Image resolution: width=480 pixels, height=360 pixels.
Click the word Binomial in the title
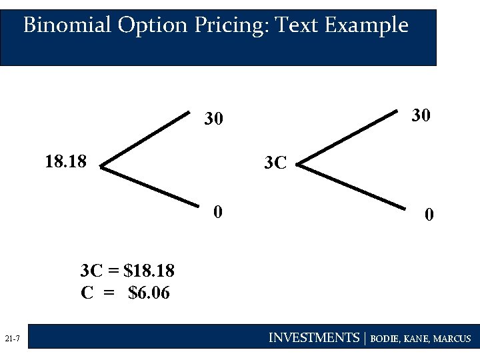pyautogui.click(x=67, y=25)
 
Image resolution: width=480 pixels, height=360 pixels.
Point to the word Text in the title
pyautogui.click(x=297, y=25)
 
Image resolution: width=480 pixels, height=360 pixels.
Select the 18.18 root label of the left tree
pyautogui.click(x=65, y=161)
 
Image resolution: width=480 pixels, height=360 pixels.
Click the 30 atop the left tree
pyautogui.click(x=213, y=119)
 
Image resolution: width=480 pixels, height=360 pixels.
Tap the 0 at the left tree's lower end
pyautogui.click(x=217, y=213)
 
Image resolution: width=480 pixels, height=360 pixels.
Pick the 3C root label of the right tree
pyautogui.click(x=275, y=163)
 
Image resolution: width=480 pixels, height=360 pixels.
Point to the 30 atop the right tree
pyautogui.click(x=421, y=115)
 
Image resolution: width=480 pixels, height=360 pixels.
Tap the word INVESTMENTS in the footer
pyautogui.click(x=313, y=338)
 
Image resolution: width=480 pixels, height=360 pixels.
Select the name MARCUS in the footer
pyautogui.click(x=452, y=339)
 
